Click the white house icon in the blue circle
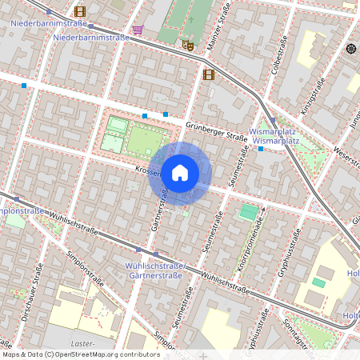pyautogui.click(x=179, y=172)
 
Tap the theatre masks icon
pyautogui.click(x=188, y=46)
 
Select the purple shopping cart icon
pyautogui.click(x=138, y=30)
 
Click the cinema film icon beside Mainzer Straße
pyautogui.click(x=209, y=74)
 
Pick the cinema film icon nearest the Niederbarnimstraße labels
pyautogui.click(x=79, y=11)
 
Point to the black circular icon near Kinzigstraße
pyautogui.click(x=350, y=49)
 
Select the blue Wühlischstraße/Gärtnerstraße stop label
pyautogui.click(x=155, y=270)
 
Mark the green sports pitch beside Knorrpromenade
pyautogui.click(x=250, y=212)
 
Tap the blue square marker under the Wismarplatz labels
pyautogui.click(x=261, y=150)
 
